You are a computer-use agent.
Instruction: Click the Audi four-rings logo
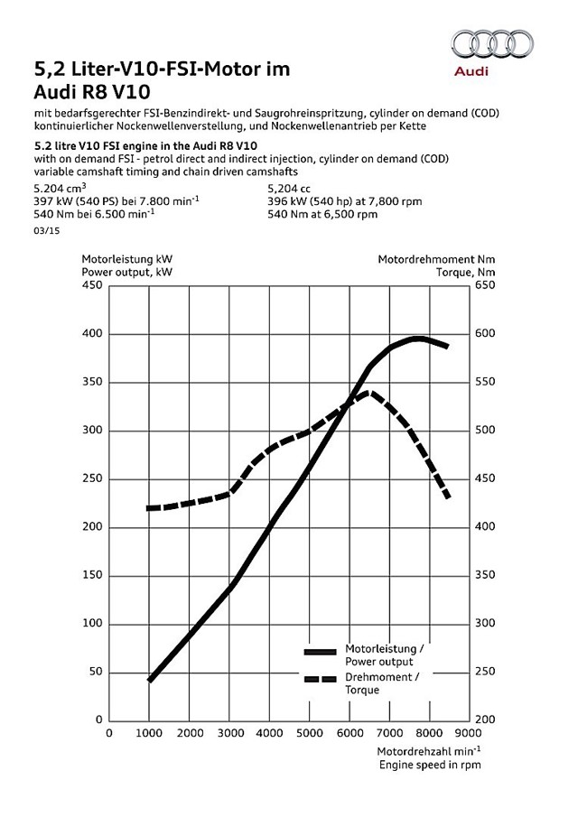pos(492,43)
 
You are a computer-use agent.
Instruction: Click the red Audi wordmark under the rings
pos(471,70)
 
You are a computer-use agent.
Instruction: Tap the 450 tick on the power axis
pos(92,285)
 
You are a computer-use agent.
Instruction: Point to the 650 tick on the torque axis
pos(485,285)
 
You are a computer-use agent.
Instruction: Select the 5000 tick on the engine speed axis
pos(310,733)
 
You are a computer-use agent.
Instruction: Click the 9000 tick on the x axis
pos(468,733)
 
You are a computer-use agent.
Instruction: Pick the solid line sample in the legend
pos(321,652)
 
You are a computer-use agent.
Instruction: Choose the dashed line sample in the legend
pos(321,680)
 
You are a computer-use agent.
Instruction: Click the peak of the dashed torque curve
pos(368,392)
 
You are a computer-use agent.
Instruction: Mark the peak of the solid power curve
pos(418,339)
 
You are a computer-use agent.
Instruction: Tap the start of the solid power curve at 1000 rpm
pos(150,680)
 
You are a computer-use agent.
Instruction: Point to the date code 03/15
pos(47,231)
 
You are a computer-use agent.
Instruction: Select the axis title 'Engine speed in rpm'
pos(430,765)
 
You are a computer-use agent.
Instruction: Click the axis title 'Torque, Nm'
pos(466,272)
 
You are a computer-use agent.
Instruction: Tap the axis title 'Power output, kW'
pos(126,272)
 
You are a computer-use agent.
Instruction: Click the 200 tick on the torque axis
pos(485,720)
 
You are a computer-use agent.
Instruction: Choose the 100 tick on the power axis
pos(92,624)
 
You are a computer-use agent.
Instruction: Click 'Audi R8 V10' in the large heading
pos(92,92)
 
